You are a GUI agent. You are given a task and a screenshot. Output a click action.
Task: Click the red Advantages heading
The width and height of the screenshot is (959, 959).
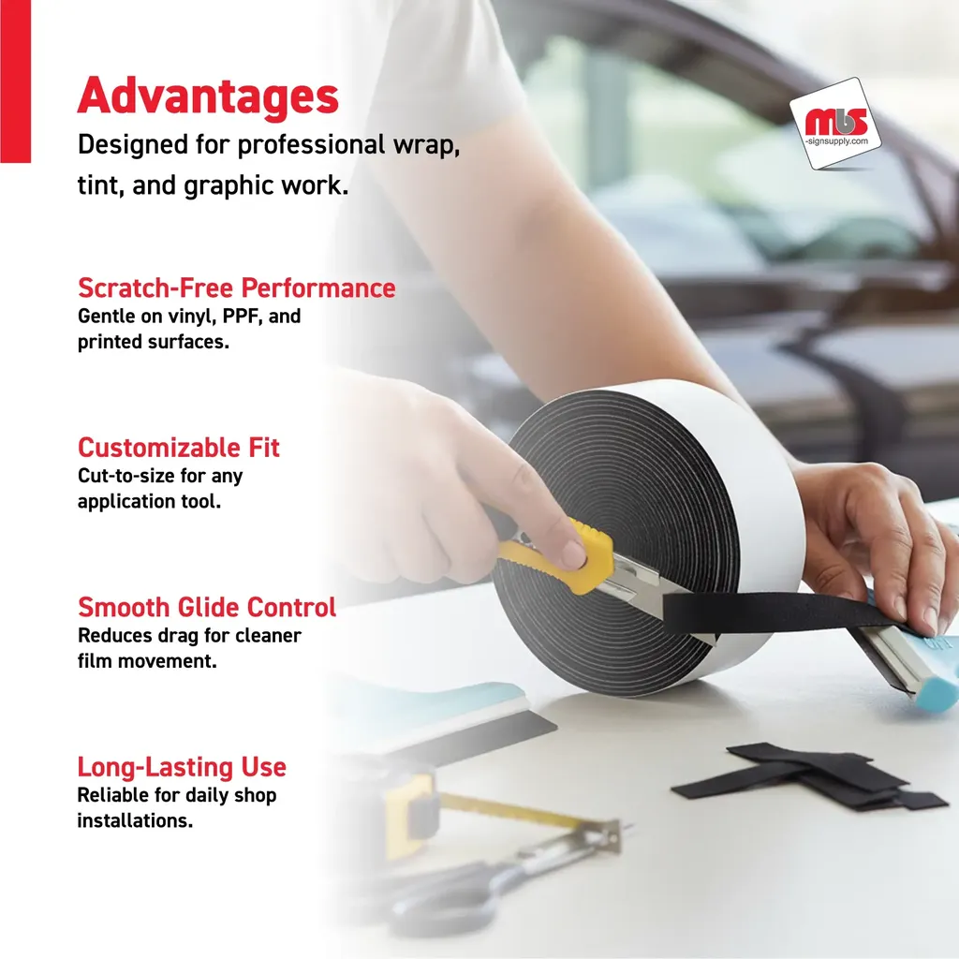pyautogui.click(x=208, y=96)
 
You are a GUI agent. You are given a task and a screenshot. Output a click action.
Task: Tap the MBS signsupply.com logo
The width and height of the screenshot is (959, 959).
pyautogui.click(x=835, y=125)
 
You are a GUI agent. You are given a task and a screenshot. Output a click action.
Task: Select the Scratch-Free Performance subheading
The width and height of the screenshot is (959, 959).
pyautogui.click(x=237, y=288)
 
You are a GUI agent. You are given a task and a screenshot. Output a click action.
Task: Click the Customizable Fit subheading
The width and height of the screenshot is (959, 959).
pyautogui.click(x=179, y=448)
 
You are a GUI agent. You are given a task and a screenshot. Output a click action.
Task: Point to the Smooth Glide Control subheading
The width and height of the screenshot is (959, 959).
pyautogui.click(x=207, y=607)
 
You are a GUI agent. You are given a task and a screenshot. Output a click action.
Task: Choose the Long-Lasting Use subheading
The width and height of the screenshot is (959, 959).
pyautogui.click(x=182, y=767)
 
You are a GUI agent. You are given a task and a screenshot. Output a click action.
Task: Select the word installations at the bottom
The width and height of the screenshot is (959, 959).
pyautogui.click(x=135, y=820)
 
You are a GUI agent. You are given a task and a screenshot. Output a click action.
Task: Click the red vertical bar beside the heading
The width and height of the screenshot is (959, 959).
pyautogui.click(x=15, y=81)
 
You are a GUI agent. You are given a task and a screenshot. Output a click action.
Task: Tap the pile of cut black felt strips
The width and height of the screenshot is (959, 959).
pyautogui.click(x=808, y=776)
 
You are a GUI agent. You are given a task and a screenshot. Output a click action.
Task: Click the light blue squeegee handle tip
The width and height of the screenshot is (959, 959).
pyautogui.click(x=938, y=691)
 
